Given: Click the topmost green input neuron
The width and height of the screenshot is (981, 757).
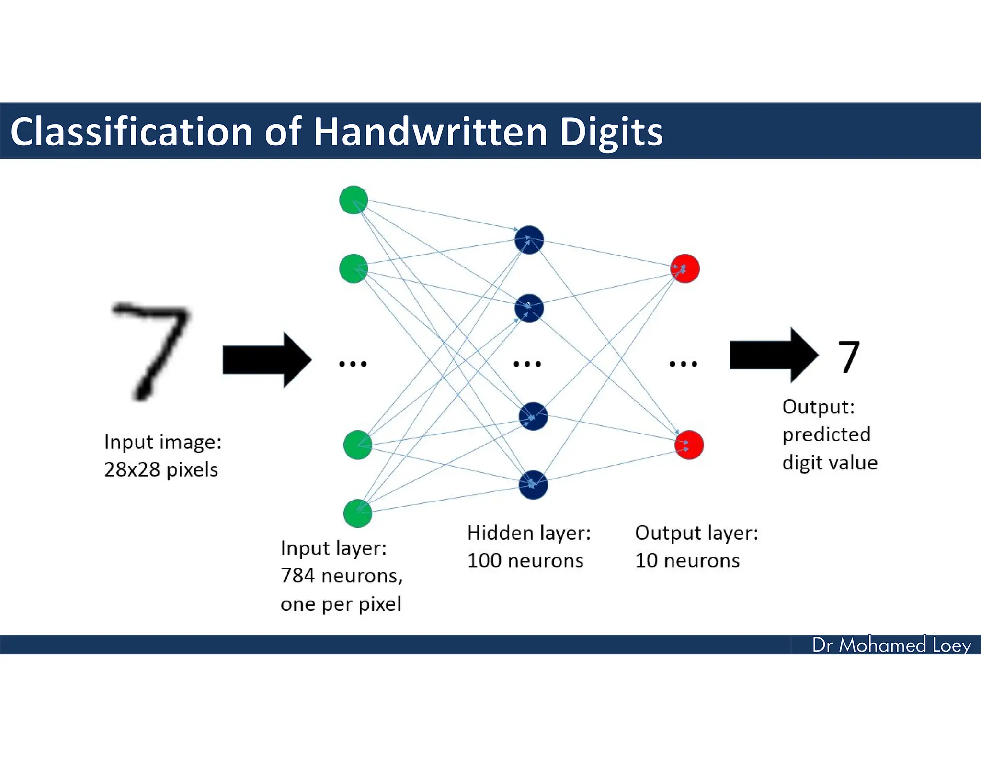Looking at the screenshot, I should point(354,200).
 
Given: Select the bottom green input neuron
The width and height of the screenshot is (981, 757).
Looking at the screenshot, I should point(357,513).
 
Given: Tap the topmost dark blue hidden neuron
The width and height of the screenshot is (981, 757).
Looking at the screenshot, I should point(529,240).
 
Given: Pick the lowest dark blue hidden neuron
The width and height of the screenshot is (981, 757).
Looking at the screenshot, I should point(533,485).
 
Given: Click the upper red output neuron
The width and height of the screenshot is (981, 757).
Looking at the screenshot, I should point(685,268).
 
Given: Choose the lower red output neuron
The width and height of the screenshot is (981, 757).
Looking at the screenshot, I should point(689,445).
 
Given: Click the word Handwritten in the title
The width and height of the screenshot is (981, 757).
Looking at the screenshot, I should point(430,132).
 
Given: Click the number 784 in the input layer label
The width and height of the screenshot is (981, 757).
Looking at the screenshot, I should point(297,576).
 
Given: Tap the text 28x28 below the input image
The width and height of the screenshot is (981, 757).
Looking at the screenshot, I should point(132,469).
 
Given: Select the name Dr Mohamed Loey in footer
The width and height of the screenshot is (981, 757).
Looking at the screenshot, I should point(891,645).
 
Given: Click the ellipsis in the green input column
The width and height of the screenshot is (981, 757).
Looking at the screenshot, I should point(353,364).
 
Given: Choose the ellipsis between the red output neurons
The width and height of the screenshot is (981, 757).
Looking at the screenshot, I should point(683,364).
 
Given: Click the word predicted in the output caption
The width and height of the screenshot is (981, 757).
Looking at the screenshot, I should point(826,434).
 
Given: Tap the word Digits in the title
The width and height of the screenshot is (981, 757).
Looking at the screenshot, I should point(611,132).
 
